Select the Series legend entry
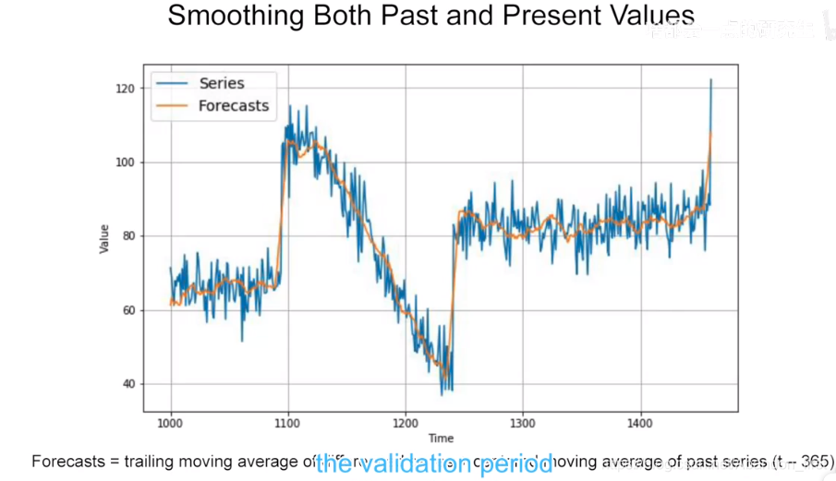pos(222,83)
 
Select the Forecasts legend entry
pos(233,105)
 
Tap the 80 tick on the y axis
pos(127,236)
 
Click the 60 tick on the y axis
pos(127,310)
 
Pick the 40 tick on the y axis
pos(127,384)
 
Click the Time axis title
pos(441,438)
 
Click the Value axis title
pos(105,239)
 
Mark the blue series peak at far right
pos(710,80)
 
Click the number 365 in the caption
pos(813,461)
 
